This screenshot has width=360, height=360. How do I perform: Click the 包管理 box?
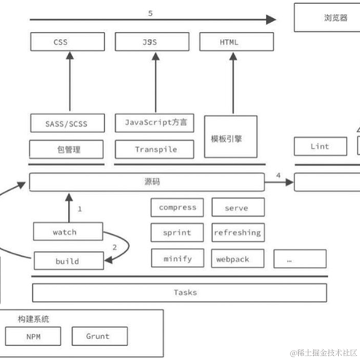point(67,149)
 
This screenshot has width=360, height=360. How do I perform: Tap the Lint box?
point(319,146)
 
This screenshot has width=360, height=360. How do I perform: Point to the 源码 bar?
point(146,182)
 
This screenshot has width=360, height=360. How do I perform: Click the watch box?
point(67,232)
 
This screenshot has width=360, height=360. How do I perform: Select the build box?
point(67,259)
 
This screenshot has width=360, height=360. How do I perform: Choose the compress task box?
point(177,207)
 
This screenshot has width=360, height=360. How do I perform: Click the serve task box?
point(237,207)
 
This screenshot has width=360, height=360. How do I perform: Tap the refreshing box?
point(237,232)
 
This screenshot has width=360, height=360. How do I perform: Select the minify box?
point(177,258)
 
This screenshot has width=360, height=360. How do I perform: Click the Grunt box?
point(99,336)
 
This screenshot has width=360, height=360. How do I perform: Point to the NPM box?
point(33,336)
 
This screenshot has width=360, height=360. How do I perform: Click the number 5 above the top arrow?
point(150,11)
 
